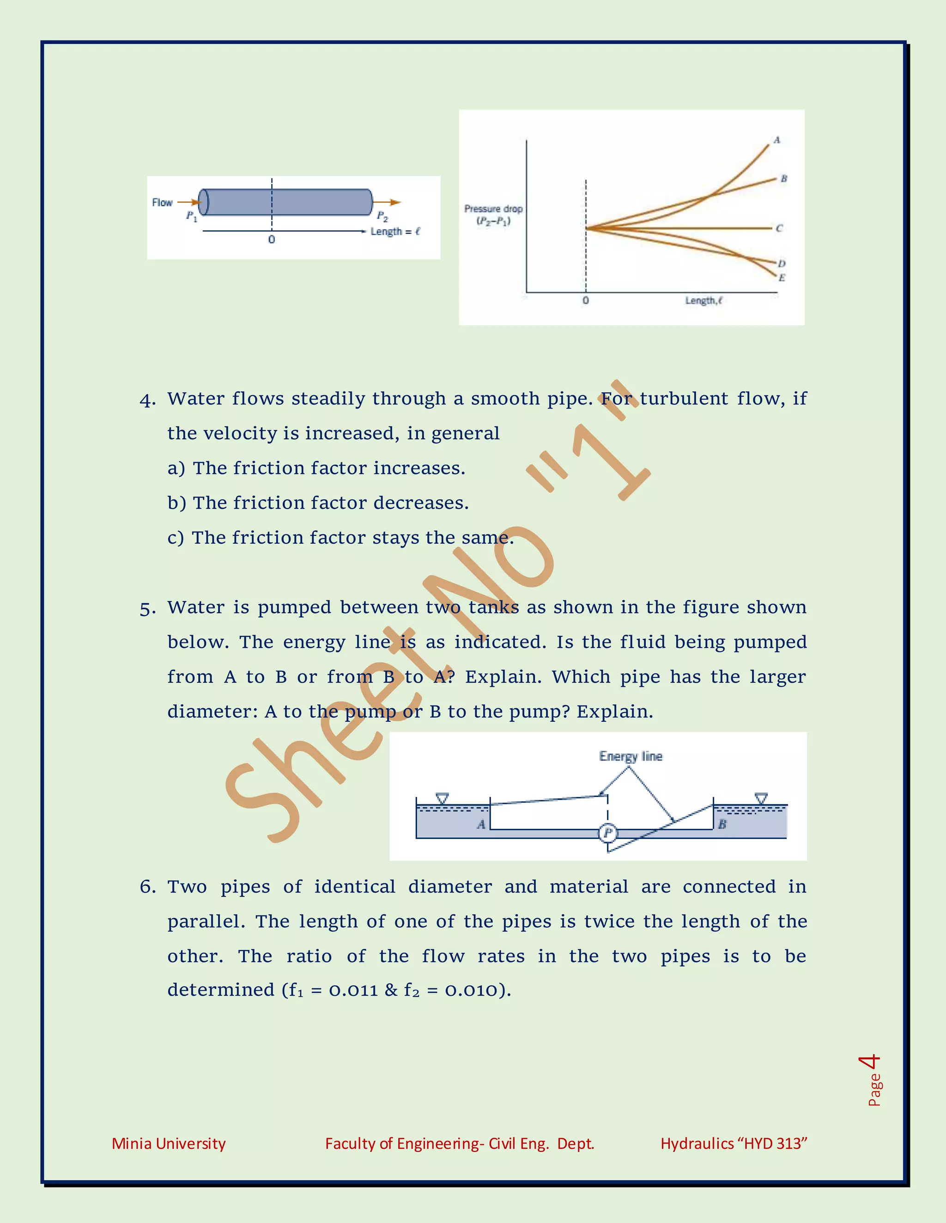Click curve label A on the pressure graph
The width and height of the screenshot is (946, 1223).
(x=777, y=140)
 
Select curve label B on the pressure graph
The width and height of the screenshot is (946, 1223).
(x=783, y=179)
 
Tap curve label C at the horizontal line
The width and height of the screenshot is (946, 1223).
(x=779, y=228)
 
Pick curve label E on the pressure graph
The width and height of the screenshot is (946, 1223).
(x=782, y=278)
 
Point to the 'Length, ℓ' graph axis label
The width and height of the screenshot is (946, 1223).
(x=704, y=301)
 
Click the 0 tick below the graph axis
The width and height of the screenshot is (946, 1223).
(x=586, y=301)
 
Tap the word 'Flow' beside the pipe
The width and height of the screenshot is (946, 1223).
(x=162, y=203)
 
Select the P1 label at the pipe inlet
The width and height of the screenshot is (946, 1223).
(x=192, y=216)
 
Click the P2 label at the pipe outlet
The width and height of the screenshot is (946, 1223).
(x=382, y=216)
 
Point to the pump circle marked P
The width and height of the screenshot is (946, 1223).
(x=607, y=833)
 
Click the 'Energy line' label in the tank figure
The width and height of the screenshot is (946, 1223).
(x=631, y=756)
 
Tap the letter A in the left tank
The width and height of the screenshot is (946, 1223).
(x=481, y=824)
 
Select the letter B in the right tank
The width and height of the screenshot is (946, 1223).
(x=722, y=824)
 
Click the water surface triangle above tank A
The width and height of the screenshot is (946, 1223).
(x=442, y=798)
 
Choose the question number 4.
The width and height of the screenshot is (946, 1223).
(x=147, y=400)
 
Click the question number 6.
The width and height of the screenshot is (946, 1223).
(x=147, y=887)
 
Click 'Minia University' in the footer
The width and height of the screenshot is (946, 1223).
(x=169, y=1144)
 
